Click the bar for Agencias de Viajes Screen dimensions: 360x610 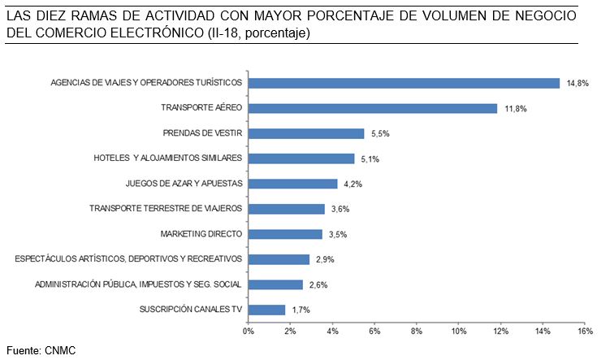click(x=404, y=83)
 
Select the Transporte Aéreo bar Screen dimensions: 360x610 click(x=372, y=108)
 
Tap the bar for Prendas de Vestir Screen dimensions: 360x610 click(x=305, y=133)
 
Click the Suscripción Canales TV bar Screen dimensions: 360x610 click(x=266, y=310)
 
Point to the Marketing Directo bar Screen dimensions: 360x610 click(x=284, y=234)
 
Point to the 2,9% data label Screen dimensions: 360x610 click(x=325, y=259)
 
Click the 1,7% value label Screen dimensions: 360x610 click(x=301, y=310)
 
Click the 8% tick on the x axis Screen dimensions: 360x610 click(x=417, y=332)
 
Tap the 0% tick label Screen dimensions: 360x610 click(x=248, y=332)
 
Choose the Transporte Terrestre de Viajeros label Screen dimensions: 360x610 click(x=166, y=209)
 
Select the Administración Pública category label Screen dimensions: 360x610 click(x=138, y=284)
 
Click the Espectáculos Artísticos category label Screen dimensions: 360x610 click(x=129, y=259)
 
